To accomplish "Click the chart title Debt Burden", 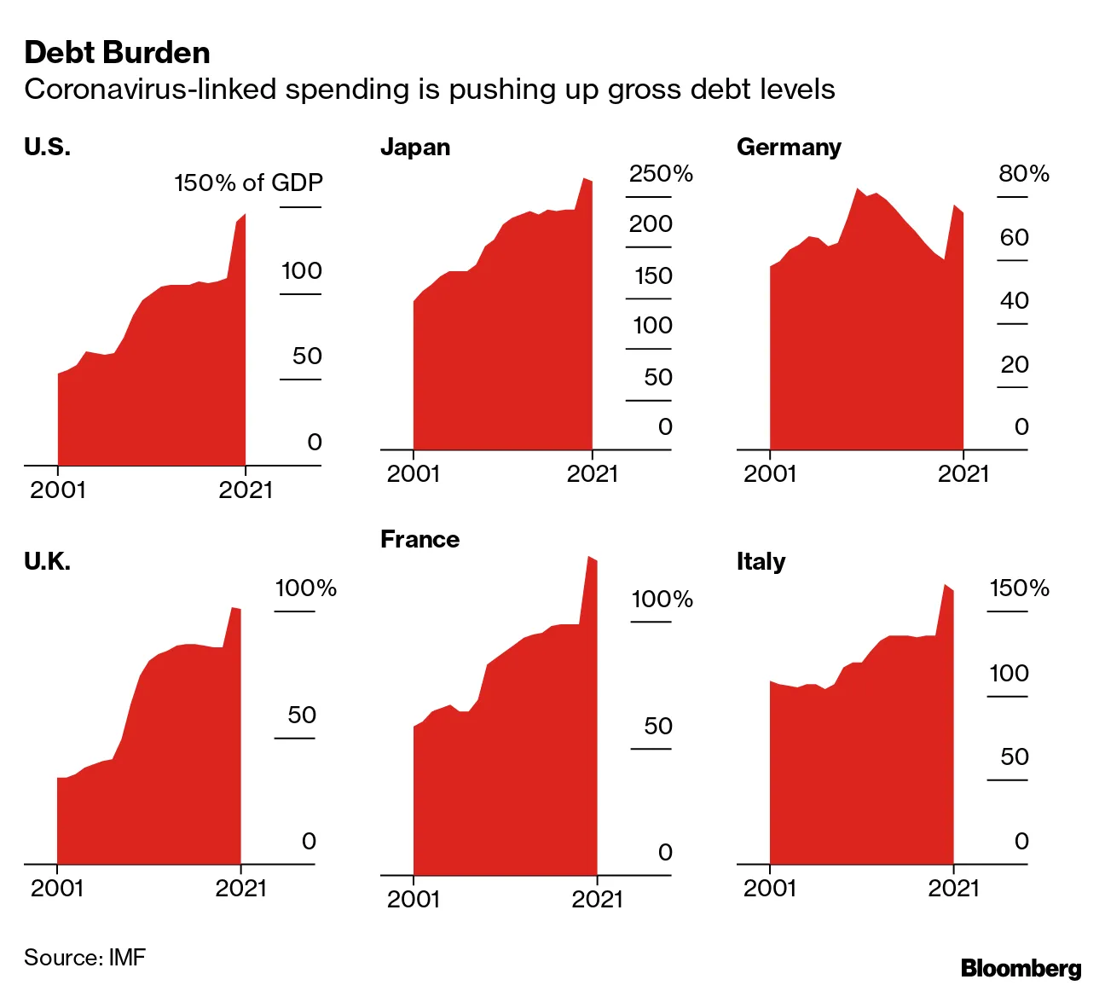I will pos(117,53).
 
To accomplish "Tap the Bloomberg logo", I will pos(1021,968).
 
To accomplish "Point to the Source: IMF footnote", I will pos(84,957).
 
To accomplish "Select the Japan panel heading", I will pos(415,148).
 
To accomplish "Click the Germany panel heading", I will pos(789,148).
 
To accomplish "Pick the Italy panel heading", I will pos(761,561).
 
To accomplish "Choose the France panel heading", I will pos(419,539).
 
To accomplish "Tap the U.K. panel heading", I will pos(47,561).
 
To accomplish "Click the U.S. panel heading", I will pos(47,148).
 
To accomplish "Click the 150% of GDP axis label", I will pos(248,183).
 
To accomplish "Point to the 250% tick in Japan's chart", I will pos(661,174).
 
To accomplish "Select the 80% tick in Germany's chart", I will pos(1024,174).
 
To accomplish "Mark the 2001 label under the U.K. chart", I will pos(57,888).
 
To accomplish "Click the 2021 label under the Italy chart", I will pos(953,888).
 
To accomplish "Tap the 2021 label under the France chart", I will pos(597,899).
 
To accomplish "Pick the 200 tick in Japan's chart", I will pos(651,224).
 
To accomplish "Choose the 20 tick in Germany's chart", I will pos(1015,365).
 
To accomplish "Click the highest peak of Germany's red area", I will pos(858,188).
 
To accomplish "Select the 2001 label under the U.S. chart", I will pos(57,490).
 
